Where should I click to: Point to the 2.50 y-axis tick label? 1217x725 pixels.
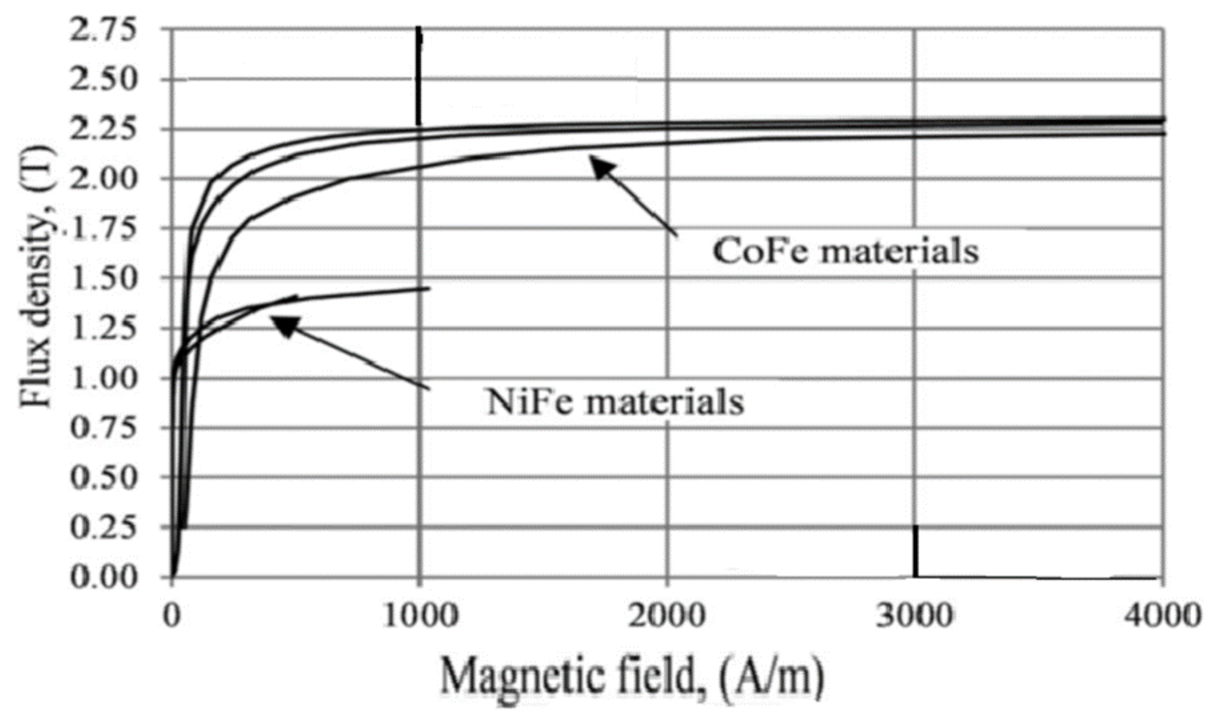103,80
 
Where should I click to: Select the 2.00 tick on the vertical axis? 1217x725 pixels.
103,179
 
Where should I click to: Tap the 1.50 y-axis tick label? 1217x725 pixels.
103,278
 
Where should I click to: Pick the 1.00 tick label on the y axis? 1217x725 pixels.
103,378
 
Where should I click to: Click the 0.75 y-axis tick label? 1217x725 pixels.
103,428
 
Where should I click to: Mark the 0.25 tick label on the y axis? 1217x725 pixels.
103,528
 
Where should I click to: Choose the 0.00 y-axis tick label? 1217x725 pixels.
103,577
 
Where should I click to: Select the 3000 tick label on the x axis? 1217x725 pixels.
914,616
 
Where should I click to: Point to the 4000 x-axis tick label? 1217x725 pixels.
1162,616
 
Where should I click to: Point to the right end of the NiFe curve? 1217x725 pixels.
428,288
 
